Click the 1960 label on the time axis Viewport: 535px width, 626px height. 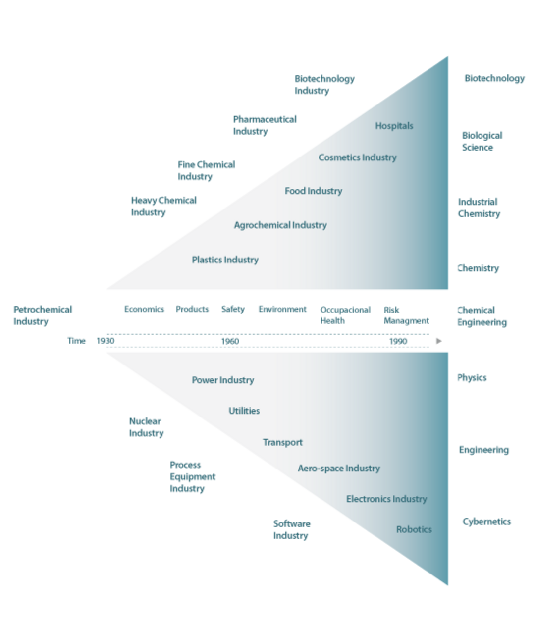point(230,341)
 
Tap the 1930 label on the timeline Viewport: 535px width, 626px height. point(106,341)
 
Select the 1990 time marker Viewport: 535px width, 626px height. point(398,341)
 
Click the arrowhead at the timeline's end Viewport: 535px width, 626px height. point(438,341)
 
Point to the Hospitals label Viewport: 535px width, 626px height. point(394,126)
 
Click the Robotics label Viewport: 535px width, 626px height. point(414,529)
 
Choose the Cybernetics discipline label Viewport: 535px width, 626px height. point(486,522)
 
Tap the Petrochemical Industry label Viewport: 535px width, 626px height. point(43,315)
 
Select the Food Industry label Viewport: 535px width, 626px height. point(313,191)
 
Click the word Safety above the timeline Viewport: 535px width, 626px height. point(233,309)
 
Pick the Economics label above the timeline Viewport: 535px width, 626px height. point(144,309)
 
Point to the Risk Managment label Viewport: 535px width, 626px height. point(406,315)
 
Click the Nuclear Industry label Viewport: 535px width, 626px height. point(146,427)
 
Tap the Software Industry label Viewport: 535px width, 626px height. point(292,529)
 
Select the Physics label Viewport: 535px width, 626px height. point(472,378)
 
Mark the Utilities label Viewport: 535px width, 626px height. point(244,411)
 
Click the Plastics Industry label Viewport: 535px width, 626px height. point(225,260)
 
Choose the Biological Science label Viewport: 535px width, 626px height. point(481,141)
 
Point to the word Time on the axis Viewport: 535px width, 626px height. point(76,341)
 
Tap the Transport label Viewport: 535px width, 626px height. point(282,442)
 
